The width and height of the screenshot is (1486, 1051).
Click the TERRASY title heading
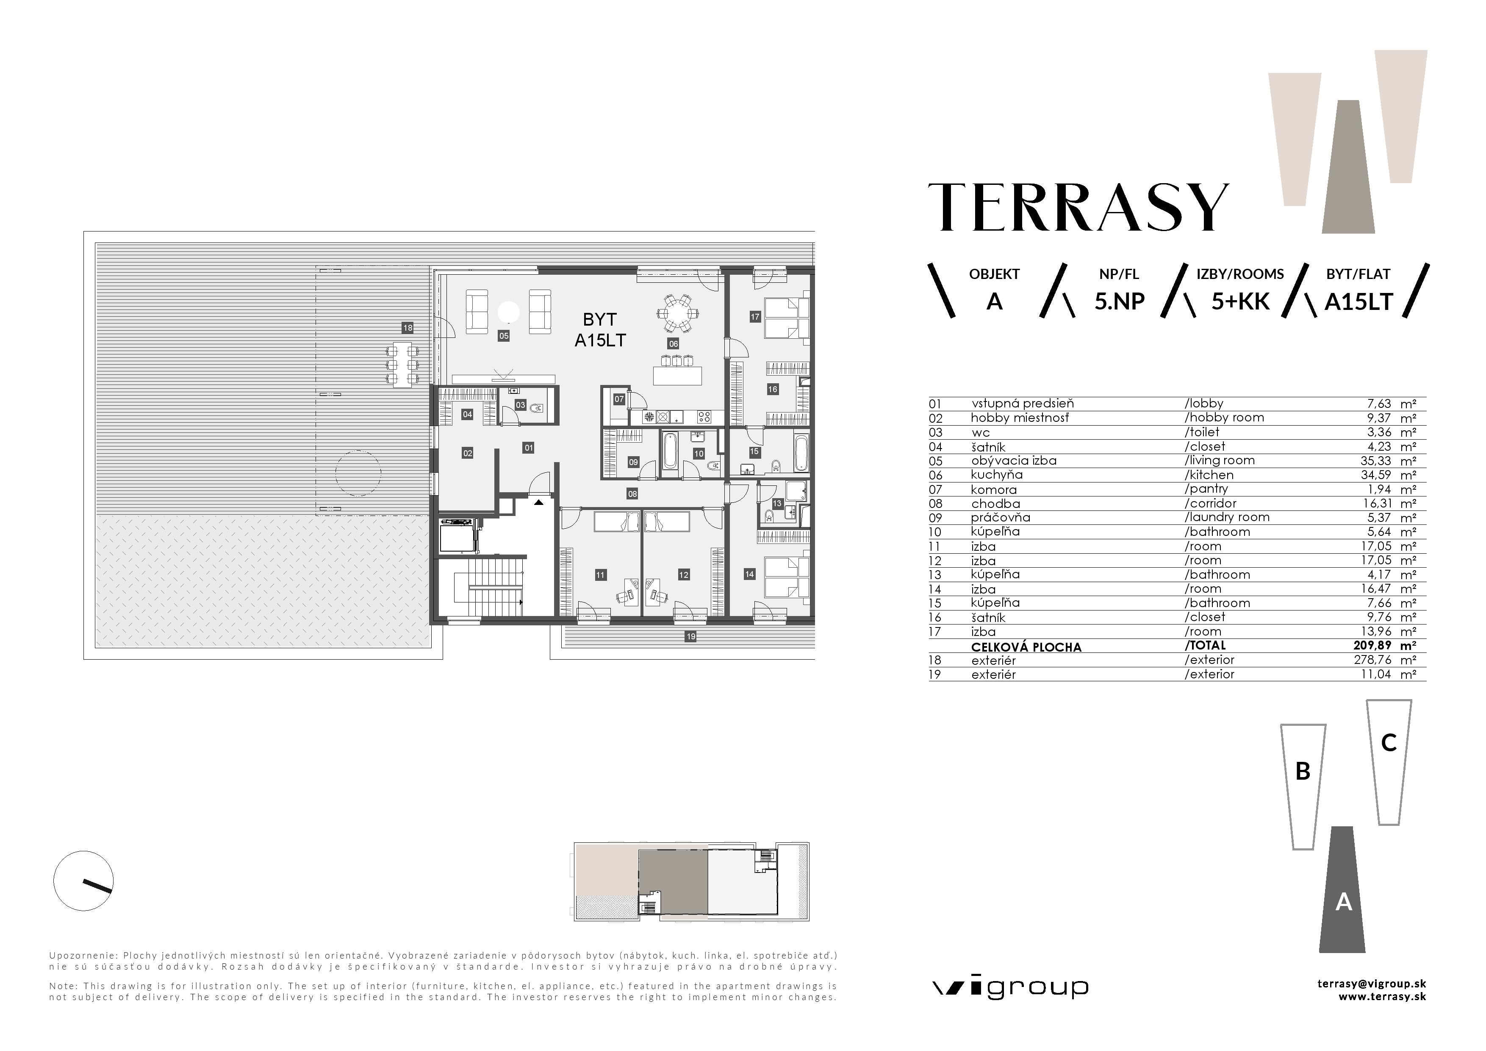point(1078,207)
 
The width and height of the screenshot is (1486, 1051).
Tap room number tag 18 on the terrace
point(407,328)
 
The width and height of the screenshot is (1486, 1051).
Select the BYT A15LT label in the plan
point(600,329)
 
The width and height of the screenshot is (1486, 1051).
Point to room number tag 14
point(749,574)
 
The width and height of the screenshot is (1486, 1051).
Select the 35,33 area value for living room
point(1375,460)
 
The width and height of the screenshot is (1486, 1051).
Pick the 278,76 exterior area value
point(1372,660)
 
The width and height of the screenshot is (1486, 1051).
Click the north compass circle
point(83,881)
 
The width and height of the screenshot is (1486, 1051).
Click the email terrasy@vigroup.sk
point(1372,984)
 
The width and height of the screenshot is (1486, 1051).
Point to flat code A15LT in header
point(1358,302)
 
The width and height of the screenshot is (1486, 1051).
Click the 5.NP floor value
point(1119,302)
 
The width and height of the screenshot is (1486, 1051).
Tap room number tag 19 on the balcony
point(690,636)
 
